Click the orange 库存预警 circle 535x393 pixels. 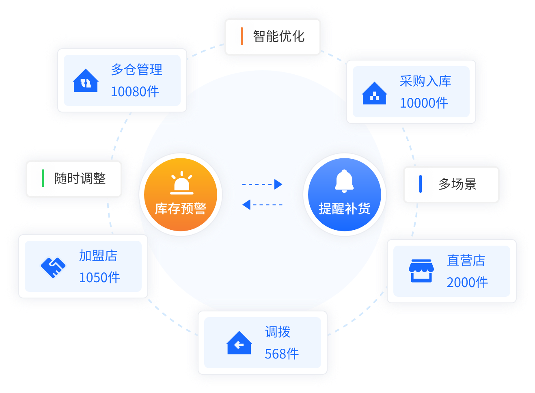tap(181, 194)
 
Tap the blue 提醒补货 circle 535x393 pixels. tap(344, 194)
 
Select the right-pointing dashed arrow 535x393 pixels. tap(262, 184)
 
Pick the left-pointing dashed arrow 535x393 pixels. tap(262, 205)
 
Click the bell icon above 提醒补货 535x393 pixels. tap(344, 181)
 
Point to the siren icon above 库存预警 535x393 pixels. tap(181, 183)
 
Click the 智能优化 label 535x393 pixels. tap(278, 37)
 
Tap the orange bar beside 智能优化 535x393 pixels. tap(242, 36)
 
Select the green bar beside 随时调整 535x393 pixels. tap(43, 178)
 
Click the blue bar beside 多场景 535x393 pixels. tap(421, 184)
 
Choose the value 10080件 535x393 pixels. tap(135, 92)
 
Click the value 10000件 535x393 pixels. tap(424, 103)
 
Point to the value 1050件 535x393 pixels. tap(99, 278)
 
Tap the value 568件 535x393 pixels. tap(282, 354)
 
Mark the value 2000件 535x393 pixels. tap(467, 283)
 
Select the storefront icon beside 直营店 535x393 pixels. tap(421, 271)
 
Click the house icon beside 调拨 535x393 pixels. tap(239, 343)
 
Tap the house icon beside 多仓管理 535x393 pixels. tap(86, 81)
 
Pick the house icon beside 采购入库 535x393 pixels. tap(374, 93)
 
